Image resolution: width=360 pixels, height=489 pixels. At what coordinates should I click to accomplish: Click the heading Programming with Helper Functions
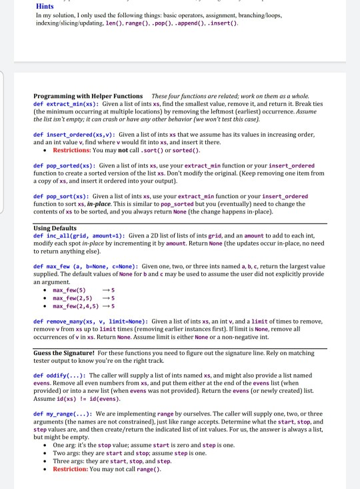[87, 97]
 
